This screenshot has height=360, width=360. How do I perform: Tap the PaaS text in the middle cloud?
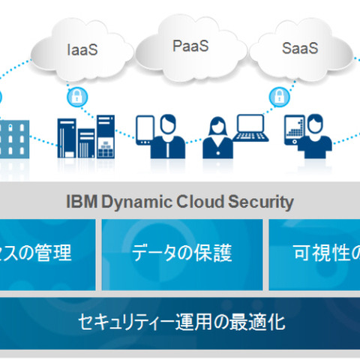[190, 46]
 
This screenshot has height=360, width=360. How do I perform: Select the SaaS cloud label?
[300, 49]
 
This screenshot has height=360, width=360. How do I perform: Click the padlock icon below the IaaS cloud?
[75, 96]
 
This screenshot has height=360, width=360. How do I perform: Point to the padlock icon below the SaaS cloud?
[278, 96]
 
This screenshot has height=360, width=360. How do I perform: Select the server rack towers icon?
[86, 136]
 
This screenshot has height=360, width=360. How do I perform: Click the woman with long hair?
[219, 137]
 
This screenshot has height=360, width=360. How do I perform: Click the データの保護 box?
[182, 253]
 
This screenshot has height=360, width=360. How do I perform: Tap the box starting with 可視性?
[315, 253]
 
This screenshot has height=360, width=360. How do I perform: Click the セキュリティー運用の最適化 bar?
[180, 322]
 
